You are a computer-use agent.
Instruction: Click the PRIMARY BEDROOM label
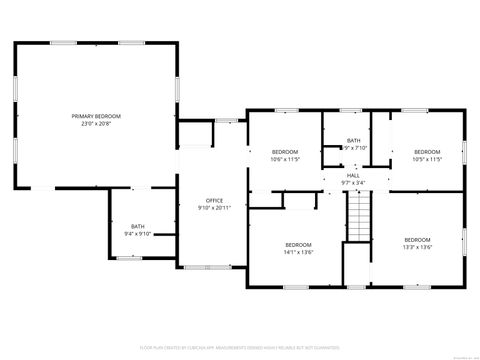(96, 117)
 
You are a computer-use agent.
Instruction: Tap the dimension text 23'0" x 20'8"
(96, 124)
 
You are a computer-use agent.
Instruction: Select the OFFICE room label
(214, 201)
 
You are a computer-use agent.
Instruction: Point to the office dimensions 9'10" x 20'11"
(214, 208)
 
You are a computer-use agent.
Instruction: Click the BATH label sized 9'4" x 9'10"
(137, 227)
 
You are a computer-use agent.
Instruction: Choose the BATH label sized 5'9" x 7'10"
(354, 141)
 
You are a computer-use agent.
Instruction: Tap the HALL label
(353, 175)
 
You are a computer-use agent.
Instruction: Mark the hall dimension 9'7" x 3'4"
(353, 182)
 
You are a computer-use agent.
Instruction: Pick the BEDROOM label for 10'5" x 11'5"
(427, 152)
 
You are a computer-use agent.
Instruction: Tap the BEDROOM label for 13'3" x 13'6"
(417, 240)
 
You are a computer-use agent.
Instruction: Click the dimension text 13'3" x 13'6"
(417, 247)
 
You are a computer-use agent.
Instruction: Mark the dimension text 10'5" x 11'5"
(427, 159)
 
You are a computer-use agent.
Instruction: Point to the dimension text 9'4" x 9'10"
(137, 234)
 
